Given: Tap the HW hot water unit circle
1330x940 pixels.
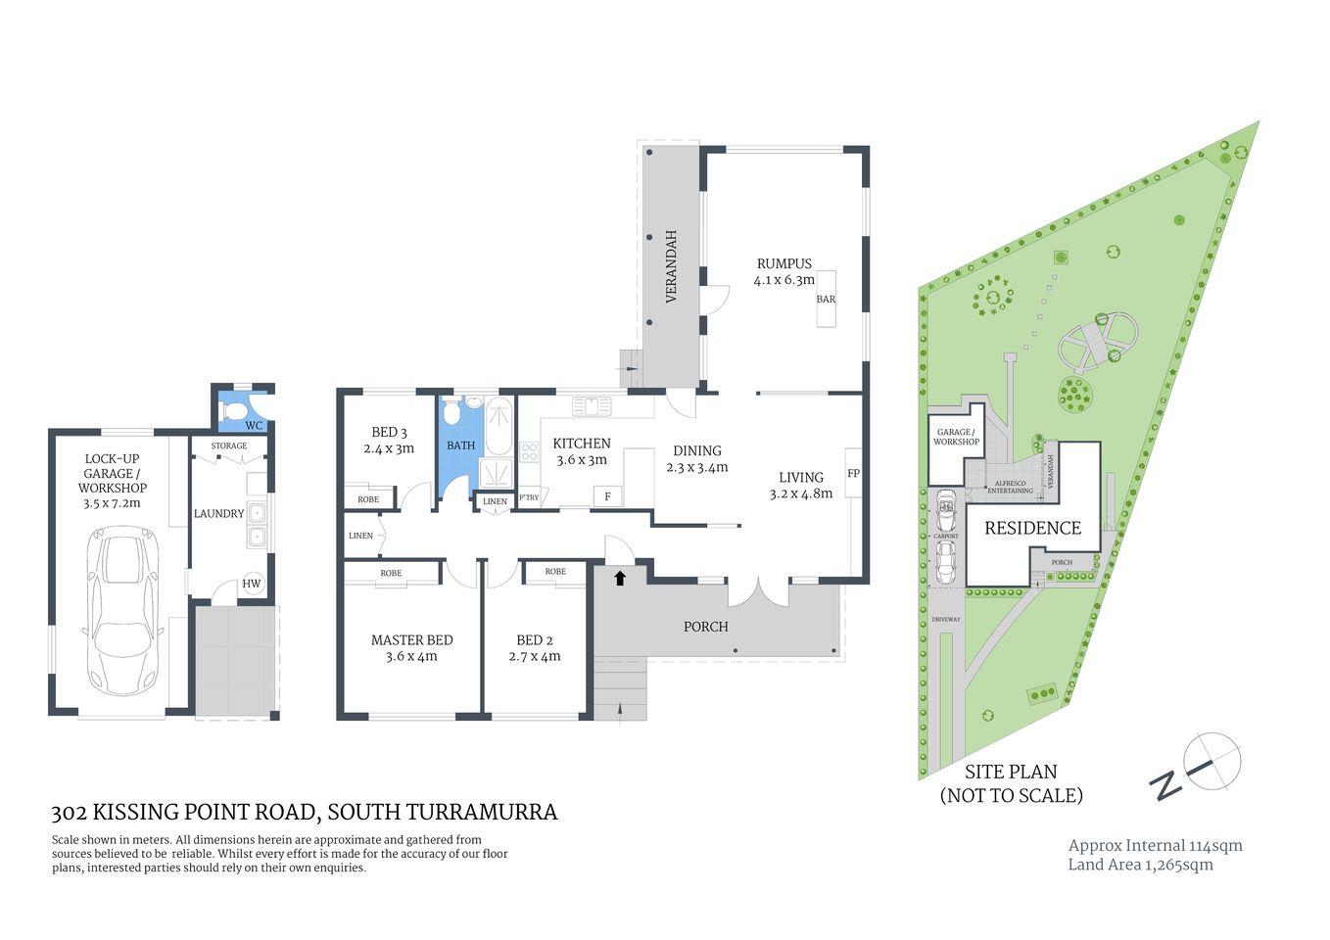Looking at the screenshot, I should (x=252, y=584).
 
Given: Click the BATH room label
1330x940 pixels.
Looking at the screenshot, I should (x=460, y=446).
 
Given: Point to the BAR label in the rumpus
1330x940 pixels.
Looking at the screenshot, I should (x=826, y=300).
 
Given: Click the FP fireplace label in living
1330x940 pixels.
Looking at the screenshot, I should (x=853, y=474).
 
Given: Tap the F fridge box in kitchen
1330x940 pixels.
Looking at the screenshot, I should (x=607, y=497).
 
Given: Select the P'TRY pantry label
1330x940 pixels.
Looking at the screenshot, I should (x=529, y=498).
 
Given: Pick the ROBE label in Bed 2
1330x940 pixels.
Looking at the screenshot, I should (x=555, y=572).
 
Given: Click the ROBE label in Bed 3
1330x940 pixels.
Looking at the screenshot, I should (x=368, y=499).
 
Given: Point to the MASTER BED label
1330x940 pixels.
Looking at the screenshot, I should (x=411, y=640).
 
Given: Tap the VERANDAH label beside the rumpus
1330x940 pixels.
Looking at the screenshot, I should (x=672, y=266).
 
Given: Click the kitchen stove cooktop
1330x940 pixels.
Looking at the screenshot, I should (x=529, y=452).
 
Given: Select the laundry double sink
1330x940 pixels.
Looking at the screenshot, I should (x=257, y=524).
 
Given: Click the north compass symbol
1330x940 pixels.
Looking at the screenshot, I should (x=1211, y=761).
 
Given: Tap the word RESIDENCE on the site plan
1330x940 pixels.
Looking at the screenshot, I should (x=1032, y=529).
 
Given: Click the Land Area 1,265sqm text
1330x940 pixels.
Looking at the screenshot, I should (x=1140, y=865).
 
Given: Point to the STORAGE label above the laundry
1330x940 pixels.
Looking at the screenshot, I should (x=229, y=446).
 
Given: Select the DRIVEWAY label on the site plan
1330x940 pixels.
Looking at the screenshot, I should (x=945, y=620).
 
